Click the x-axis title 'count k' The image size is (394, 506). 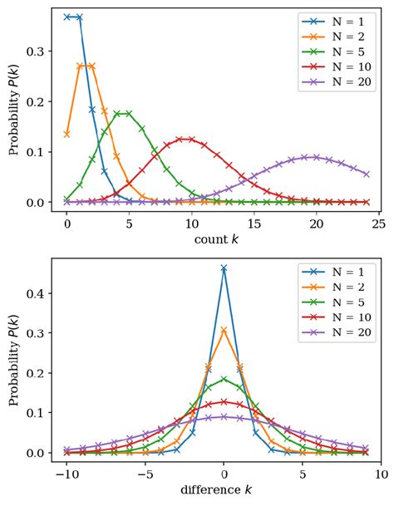coord(223,239)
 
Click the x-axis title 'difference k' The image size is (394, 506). coord(223,489)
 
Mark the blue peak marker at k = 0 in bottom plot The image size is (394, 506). coord(224,268)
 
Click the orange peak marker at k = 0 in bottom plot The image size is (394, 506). coord(224,330)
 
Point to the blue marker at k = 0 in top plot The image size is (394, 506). coord(66,17)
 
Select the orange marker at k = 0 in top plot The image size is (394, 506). coord(66,134)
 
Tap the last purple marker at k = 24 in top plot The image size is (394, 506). coord(367,174)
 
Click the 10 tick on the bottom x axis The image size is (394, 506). coord(380,474)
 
